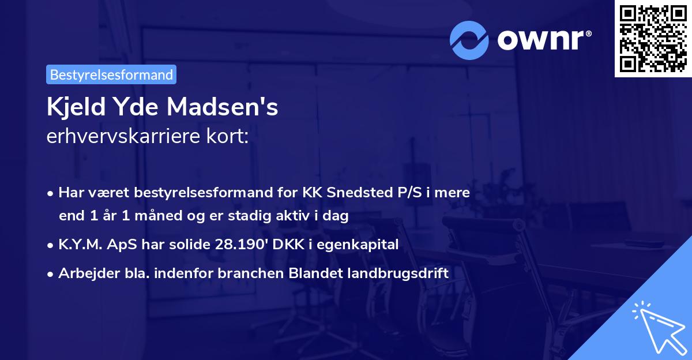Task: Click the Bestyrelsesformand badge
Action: pos(111,74)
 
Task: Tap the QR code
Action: pos(653,38)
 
